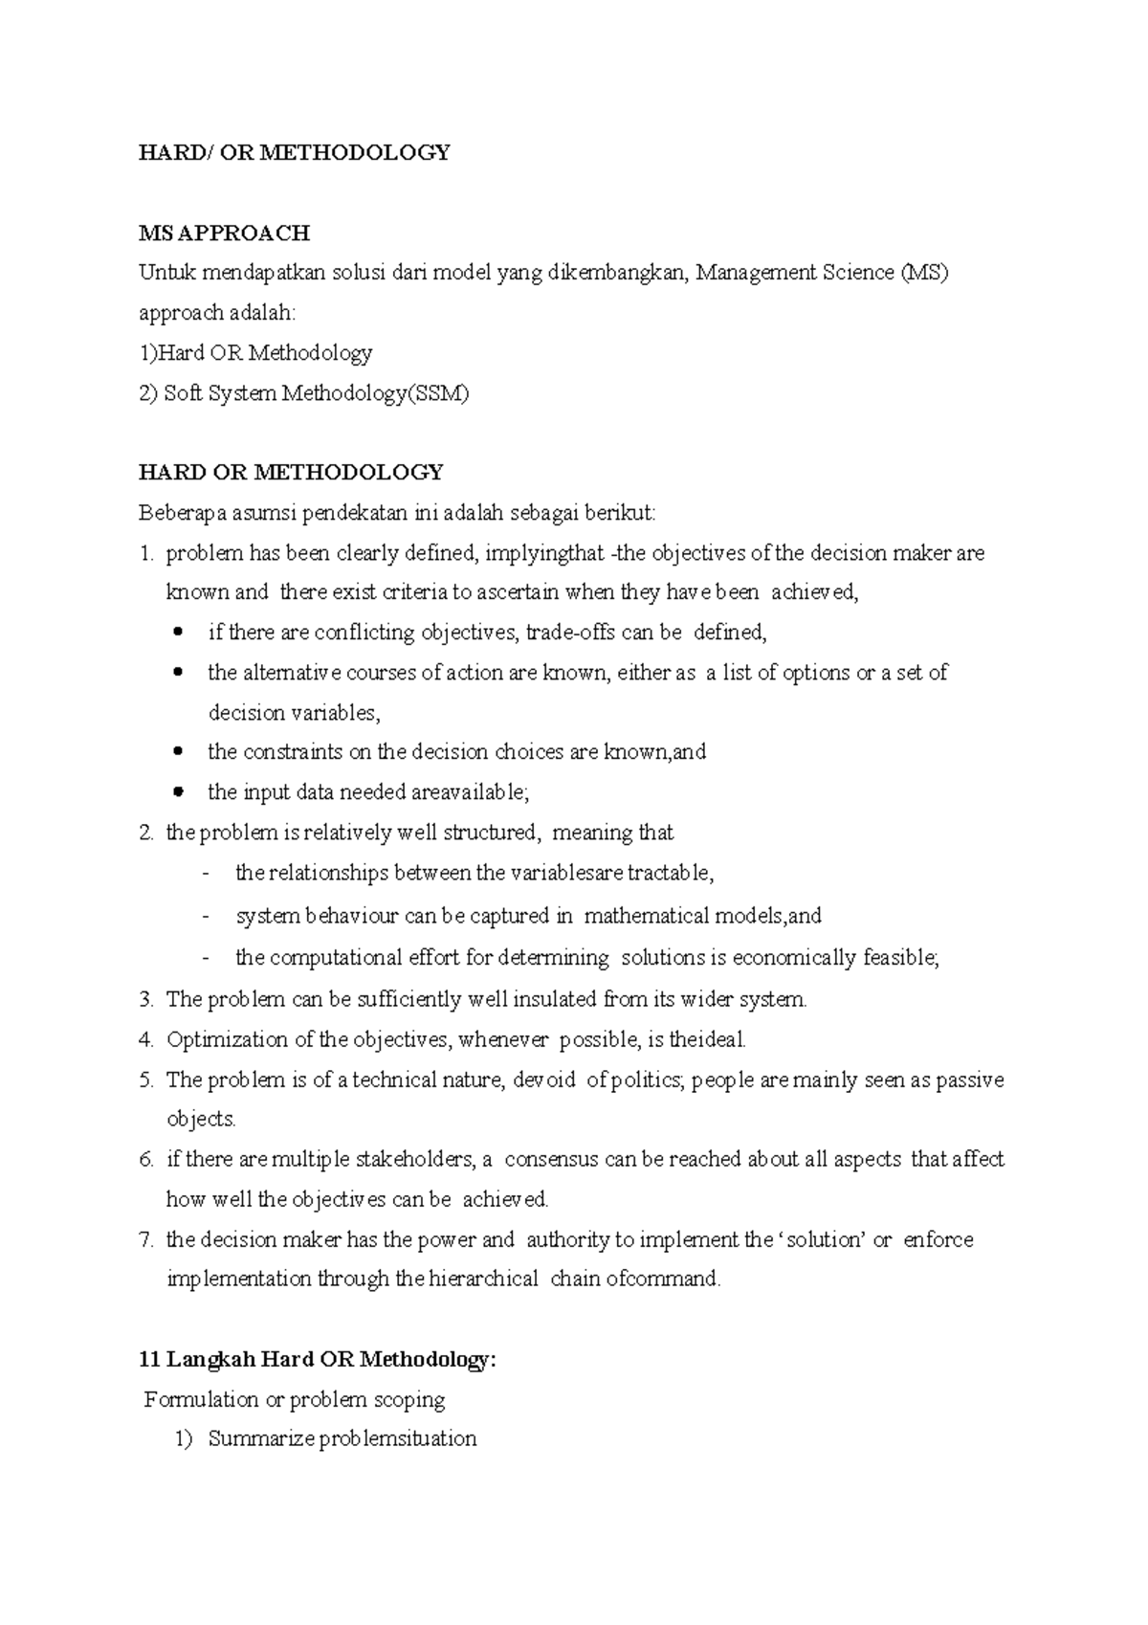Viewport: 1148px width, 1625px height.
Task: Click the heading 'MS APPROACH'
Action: click(224, 233)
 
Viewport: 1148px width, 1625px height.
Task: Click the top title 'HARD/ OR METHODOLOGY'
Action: click(294, 152)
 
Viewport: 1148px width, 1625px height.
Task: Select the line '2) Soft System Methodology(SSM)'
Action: click(304, 393)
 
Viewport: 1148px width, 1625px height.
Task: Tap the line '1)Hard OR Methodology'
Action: click(255, 353)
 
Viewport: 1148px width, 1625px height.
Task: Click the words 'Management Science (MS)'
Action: click(822, 273)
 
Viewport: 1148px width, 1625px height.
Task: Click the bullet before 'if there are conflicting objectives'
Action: click(178, 633)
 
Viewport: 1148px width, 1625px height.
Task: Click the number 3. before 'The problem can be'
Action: click(145, 1000)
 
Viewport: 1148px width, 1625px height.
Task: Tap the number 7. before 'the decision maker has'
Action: click(145, 1240)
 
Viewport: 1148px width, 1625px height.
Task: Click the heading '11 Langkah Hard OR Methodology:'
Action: click(319, 1360)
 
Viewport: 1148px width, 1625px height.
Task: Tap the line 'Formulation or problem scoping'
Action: click(295, 1400)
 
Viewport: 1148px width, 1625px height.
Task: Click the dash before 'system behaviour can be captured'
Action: click(206, 917)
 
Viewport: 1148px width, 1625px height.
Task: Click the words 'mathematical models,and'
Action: click(702, 917)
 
